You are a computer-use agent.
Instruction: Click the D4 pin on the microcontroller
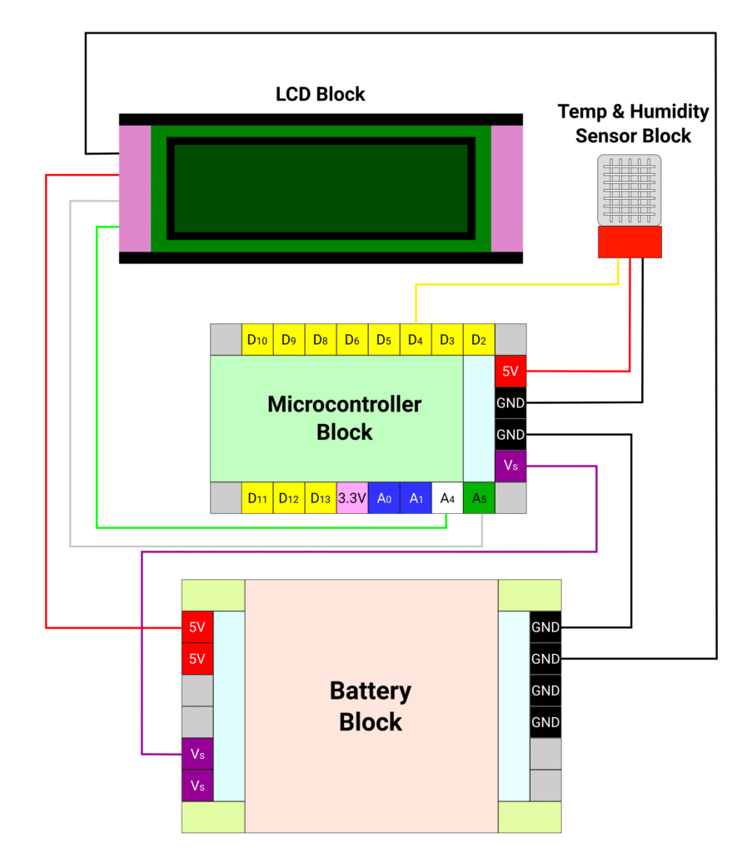(x=415, y=340)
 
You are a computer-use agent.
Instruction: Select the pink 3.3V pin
(x=352, y=497)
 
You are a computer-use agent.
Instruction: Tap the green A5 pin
(x=479, y=497)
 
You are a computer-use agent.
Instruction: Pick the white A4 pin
(x=447, y=497)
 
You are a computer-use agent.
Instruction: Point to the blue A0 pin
(x=384, y=497)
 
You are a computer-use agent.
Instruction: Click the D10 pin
(x=257, y=340)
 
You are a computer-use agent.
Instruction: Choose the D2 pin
(x=479, y=340)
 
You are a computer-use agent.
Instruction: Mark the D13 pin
(x=321, y=497)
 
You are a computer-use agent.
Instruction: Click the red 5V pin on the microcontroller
(x=510, y=372)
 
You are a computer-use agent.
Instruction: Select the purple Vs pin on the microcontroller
(x=510, y=466)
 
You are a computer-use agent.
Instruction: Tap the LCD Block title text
(x=321, y=94)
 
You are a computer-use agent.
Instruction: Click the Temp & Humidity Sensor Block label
(x=633, y=123)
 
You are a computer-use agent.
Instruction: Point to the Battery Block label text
(x=371, y=706)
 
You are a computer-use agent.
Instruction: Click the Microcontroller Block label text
(x=344, y=418)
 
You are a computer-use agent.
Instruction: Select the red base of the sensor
(x=630, y=242)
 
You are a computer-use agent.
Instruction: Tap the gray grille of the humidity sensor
(x=630, y=191)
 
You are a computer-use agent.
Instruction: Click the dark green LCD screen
(x=321, y=188)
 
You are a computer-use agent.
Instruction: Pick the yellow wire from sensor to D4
(x=516, y=285)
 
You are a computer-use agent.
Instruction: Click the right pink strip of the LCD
(x=507, y=188)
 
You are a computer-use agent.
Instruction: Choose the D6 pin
(x=352, y=340)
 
